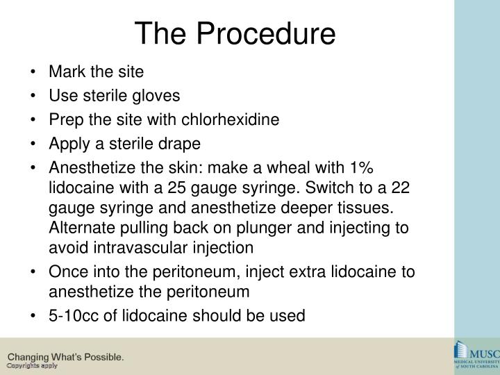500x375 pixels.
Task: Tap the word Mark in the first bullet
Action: coord(64,71)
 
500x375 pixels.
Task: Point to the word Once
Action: coord(66,273)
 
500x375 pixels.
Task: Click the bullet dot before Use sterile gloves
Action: coord(35,95)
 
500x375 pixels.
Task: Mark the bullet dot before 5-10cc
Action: coord(35,315)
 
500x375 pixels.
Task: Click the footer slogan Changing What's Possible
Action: coord(66,357)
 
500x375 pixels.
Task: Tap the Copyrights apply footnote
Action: coord(32,365)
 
